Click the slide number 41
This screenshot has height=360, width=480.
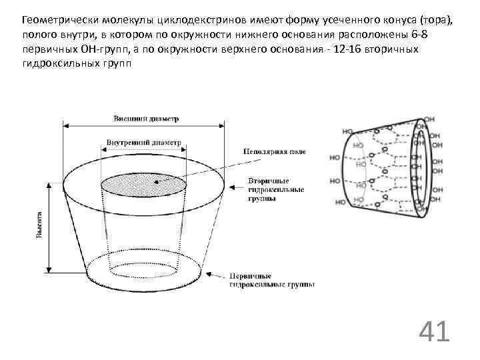434,331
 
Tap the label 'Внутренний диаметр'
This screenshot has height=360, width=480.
143,143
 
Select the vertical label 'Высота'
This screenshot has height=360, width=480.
40,225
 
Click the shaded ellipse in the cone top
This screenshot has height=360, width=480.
145,182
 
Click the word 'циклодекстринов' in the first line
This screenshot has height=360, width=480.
186,19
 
